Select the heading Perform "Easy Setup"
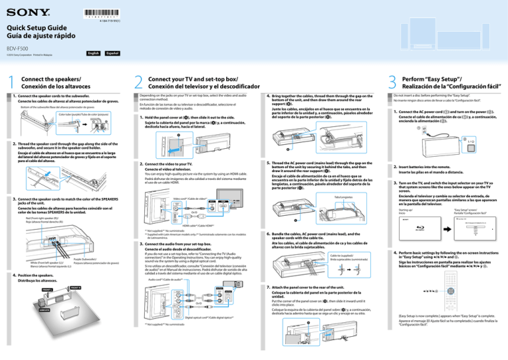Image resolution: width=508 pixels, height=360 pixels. [x=450, y=77]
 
